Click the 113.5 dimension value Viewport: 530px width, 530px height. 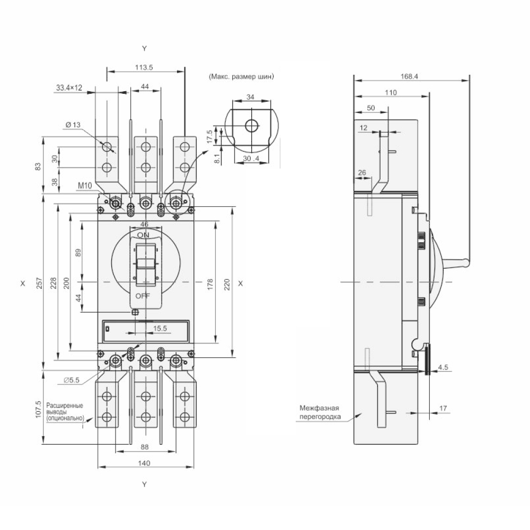click(x=144, y=67)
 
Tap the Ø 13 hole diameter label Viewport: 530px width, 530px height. click(x=73, y=125)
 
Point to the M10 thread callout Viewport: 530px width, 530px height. click(x=85, y=185)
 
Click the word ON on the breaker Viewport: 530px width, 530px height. click(x=143, y=235)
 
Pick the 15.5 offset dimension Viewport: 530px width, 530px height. click(x=160, y=329)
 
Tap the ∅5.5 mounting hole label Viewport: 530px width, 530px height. click(x=72, y=380)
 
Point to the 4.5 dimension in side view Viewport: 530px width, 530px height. click(x=444, y=367)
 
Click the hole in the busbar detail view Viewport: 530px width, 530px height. click(x=251, y=126)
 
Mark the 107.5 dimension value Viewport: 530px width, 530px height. click(x=38, y=410)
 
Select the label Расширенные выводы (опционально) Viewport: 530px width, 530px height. click(x=65, y=412)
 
